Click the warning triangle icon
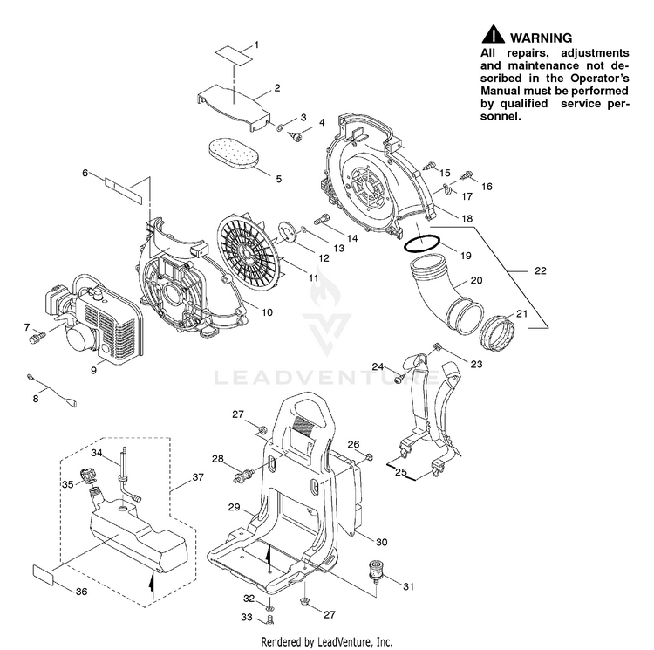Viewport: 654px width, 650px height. click(x=494, y=36)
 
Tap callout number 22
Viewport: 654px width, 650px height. click(x=541, y=271)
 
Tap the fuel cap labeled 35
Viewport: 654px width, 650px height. click(x=87, y=475)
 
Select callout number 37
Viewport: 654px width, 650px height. click(x=198, y=477)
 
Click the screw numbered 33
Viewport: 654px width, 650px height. click(x=268, y=618)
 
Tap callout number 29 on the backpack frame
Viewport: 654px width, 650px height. click(x=234, y=507)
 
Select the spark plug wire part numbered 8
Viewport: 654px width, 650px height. click(x=52, y=389)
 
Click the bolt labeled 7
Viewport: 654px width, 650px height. click(x=36, y=336)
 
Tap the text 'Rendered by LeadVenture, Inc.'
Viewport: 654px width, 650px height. click(x=326, y=641)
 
